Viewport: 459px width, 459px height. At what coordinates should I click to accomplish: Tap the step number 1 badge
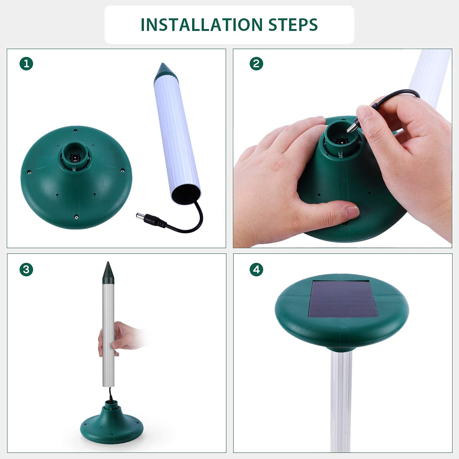pos(26,64)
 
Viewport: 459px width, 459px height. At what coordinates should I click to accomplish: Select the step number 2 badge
pos(256,64)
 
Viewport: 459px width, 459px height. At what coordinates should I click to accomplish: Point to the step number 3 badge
pos(26,270)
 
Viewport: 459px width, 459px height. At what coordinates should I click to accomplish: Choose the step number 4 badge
pos(256,270)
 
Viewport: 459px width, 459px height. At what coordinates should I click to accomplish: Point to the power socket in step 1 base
pos(74,157)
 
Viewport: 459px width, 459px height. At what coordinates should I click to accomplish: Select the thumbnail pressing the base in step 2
pos(352,211)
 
